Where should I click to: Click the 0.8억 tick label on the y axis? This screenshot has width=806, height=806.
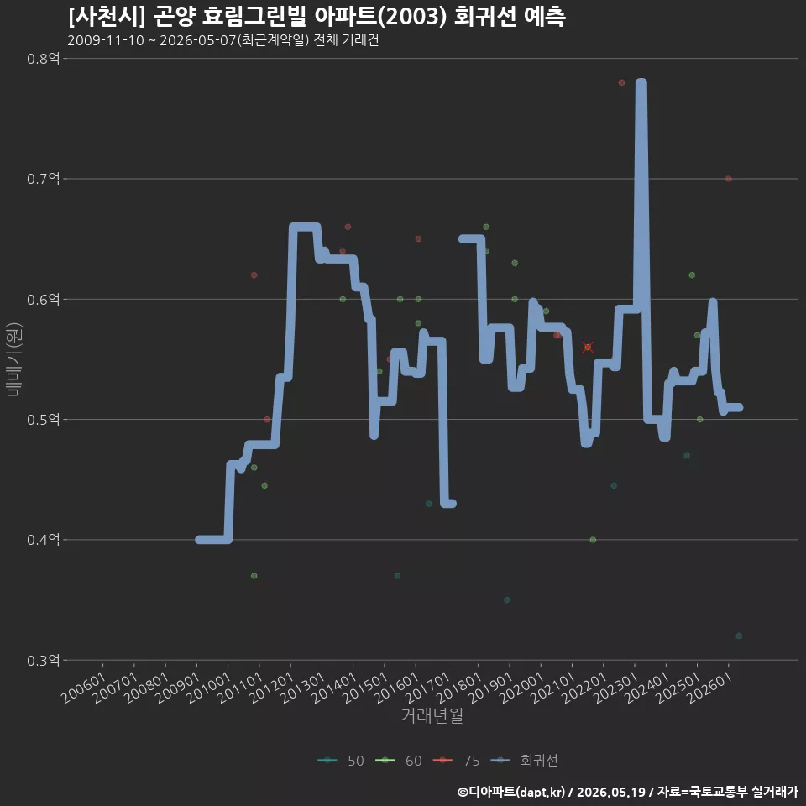coord(43,59)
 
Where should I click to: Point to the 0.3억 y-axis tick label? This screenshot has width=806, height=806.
coord(43,660)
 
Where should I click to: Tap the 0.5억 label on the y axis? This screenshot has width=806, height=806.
coord(43,420)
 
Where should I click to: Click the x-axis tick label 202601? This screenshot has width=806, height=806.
coord(710,688)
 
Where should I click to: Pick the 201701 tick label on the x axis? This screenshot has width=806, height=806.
coord(428,688)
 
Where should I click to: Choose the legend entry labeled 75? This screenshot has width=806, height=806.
coord(457,761)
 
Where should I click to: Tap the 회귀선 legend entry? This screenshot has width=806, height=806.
coord(524,761)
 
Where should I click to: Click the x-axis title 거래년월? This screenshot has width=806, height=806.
coord(432,715)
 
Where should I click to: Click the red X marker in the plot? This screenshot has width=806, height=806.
coord(588,348)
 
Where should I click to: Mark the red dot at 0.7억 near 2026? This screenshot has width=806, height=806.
coord(729,179)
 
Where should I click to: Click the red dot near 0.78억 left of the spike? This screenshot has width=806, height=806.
coord(621,83)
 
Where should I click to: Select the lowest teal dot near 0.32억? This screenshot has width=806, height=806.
coord(739,636)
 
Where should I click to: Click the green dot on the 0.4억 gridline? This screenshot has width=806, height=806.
coord(593,540)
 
